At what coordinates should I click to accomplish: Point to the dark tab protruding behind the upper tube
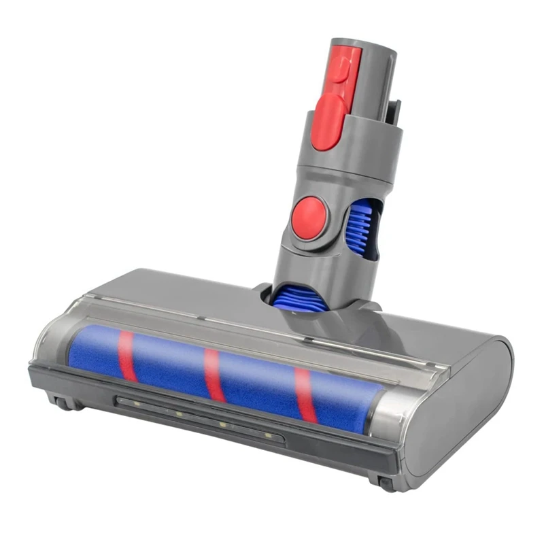click(x=394, y=112)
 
